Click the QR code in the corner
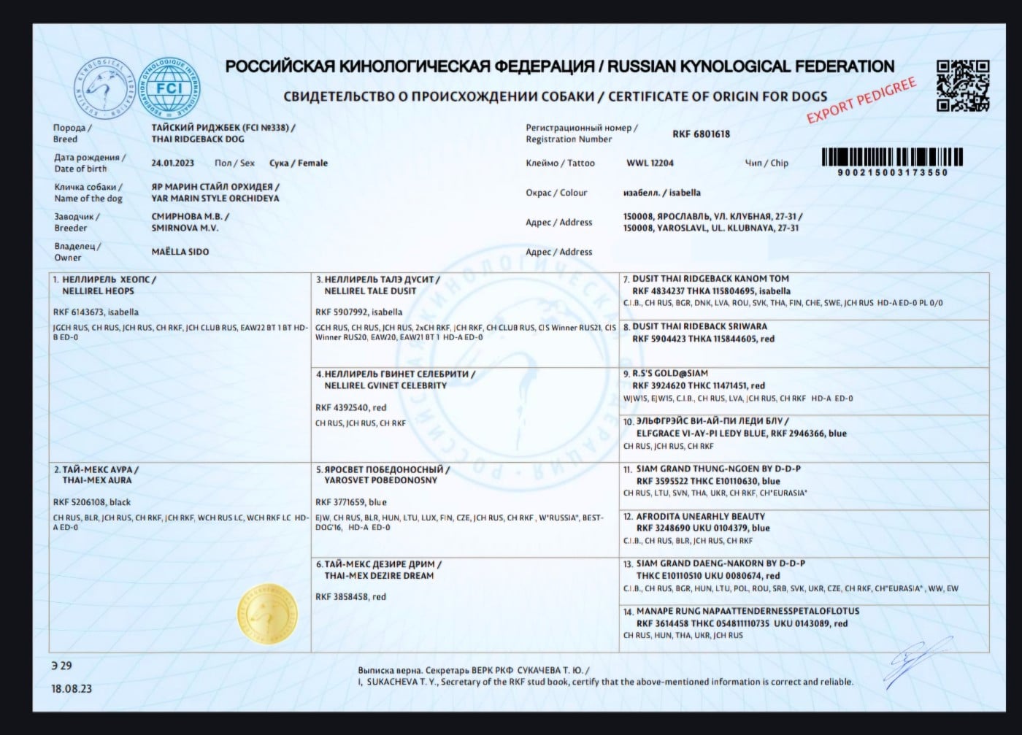(963, 85)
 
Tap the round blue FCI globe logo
(169, 89)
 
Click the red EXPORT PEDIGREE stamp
(861, 101)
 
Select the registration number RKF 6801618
(701, 134)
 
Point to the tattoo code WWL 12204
(650, 163)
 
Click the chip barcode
(892, 158)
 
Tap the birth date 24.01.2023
(173, 163)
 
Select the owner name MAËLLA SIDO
(180, 252)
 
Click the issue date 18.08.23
(72, 688)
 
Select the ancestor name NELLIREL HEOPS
(98, 290)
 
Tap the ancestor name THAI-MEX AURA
(97, 480)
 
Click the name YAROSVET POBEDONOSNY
(381, 480)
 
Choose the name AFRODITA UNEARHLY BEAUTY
(700, 516)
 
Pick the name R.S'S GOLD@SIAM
(669, 373)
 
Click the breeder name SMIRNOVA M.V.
(185, 228)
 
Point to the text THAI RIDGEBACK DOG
(198, 139)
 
